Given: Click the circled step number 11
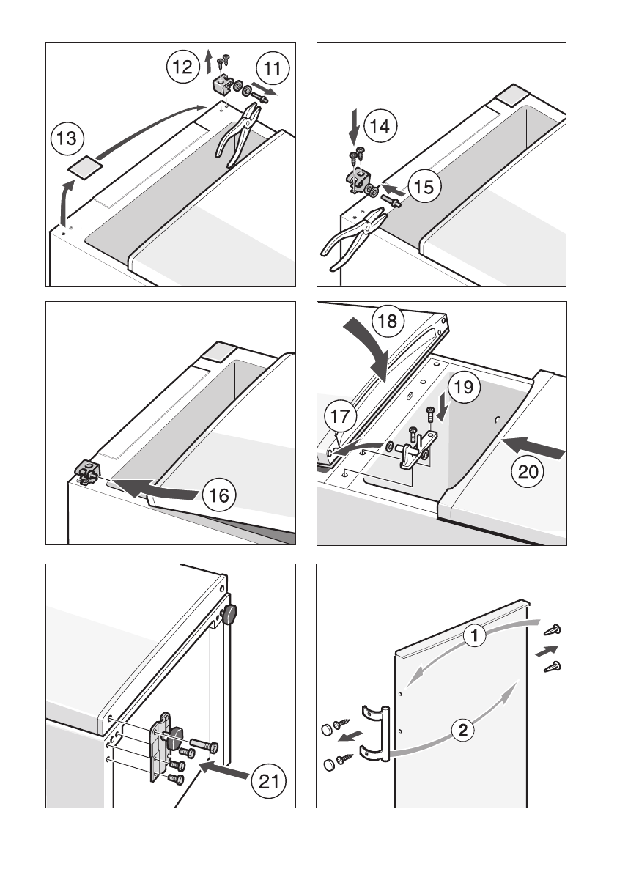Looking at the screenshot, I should click(x=273, y=70).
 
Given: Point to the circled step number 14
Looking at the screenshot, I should click(x=380, y=126).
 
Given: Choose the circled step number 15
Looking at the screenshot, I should click(x=422, y=187).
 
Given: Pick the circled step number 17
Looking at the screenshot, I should click(x=341, y=418).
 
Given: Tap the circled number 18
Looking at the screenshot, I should click(x=389, y=321).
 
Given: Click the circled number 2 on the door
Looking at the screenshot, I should click(x=462, y=729).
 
